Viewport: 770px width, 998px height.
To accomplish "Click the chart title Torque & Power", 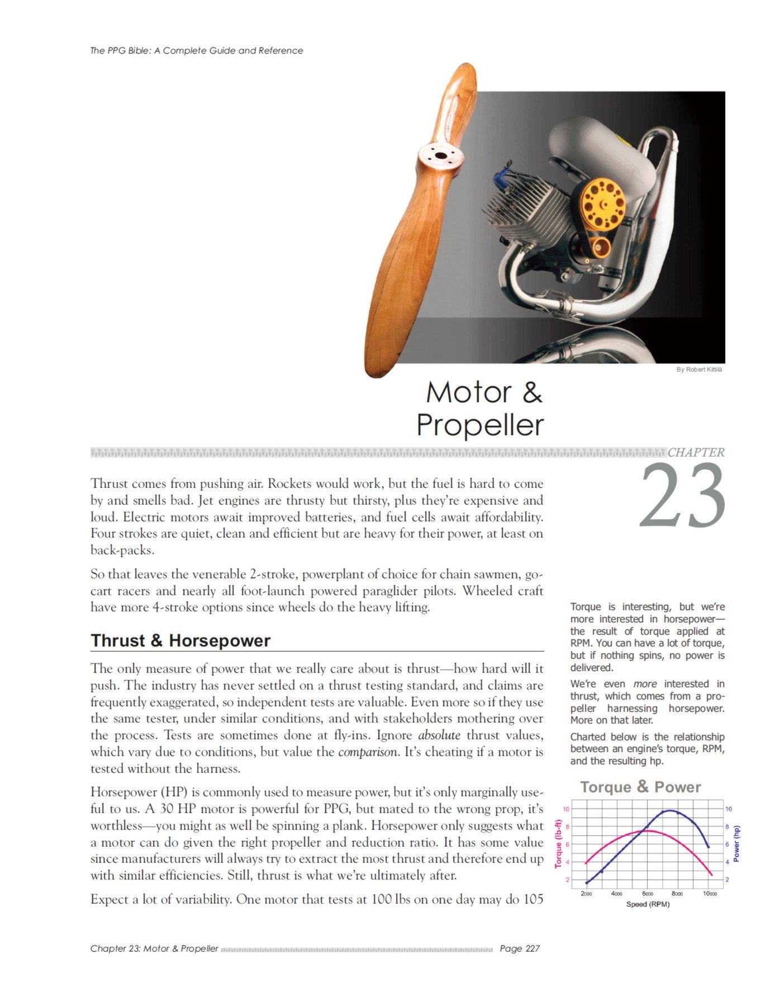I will point(640,787).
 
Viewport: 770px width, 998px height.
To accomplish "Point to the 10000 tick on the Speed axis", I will point(710,894).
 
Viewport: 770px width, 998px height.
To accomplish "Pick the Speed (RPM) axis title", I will point(648,904).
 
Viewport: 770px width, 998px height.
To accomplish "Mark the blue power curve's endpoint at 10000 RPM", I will point(709,848).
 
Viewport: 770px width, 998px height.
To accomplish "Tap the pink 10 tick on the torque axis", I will point(566,809).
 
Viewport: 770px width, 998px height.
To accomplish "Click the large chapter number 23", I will point(683,496).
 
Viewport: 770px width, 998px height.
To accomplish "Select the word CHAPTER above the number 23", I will point(696,453).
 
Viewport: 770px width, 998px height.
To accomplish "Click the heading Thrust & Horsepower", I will point(180,640).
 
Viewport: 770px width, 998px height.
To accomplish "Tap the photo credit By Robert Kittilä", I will point(699,369).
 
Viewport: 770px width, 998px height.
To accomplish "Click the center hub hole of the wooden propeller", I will point(441,156).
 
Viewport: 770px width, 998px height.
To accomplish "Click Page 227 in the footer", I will point(520,948).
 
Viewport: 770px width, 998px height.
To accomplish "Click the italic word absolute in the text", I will point(439,735).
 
